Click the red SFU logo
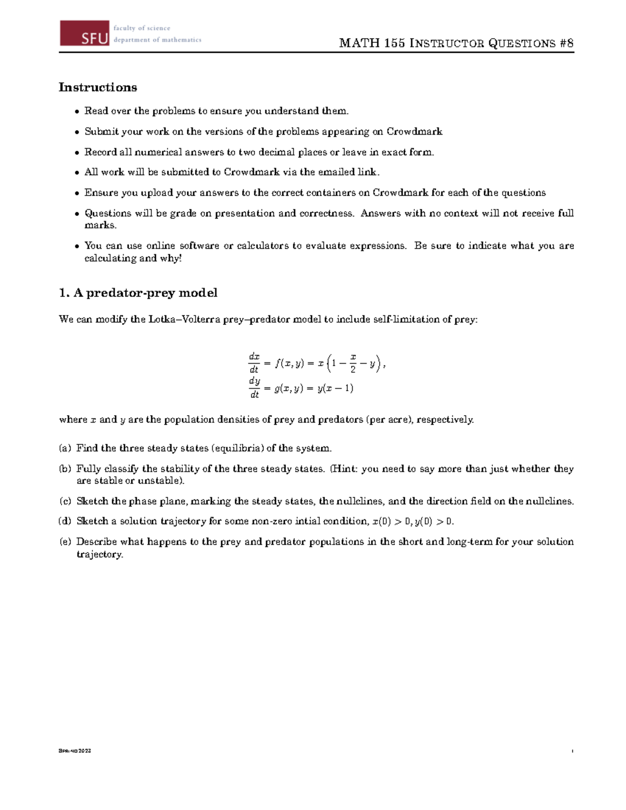point(85,33)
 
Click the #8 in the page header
point(567,43)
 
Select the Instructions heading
point(98,87)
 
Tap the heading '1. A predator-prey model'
point(138,293)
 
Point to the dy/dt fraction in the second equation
point(254,388)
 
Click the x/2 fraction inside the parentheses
point(353,363)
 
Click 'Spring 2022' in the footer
point(75,751)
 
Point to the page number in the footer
point(572,751)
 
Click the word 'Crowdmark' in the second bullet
point(414,131)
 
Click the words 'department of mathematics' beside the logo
point(157,40)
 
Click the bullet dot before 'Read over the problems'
point(77,111)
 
